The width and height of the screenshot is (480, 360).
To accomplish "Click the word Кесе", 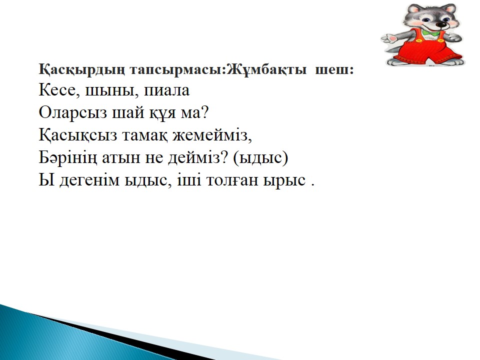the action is pyautogui.click(x=57, y=90).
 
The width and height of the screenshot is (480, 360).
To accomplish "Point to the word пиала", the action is pyautogui.click(x=167, y=90).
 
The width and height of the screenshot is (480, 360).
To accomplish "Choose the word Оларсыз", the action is pyautogui.click(x=73, y=113).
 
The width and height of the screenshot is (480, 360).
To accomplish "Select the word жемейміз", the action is pyautogui.click(x=210, y=135).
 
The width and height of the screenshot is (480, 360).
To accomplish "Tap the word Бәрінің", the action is pyautogui.click(x=67, y=158).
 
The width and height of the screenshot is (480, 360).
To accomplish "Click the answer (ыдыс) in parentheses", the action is pyautogui.click(x=260, y=158).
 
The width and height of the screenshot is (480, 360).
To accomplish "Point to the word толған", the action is pyautogui.click(x=232, y=180).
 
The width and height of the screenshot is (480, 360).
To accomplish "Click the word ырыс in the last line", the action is pyautogui.click(x=284, y=180).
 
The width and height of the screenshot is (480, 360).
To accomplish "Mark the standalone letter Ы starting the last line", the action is pyautogui.click(x=46, y=179).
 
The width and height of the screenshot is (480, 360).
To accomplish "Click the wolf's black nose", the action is pyautogui.click(x=441, y=24).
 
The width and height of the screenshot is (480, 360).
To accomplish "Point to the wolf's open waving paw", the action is pyautogui.click(x=389, y=39).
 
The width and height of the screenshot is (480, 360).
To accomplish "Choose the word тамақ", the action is pyautogui.click(x=145, y=135).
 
